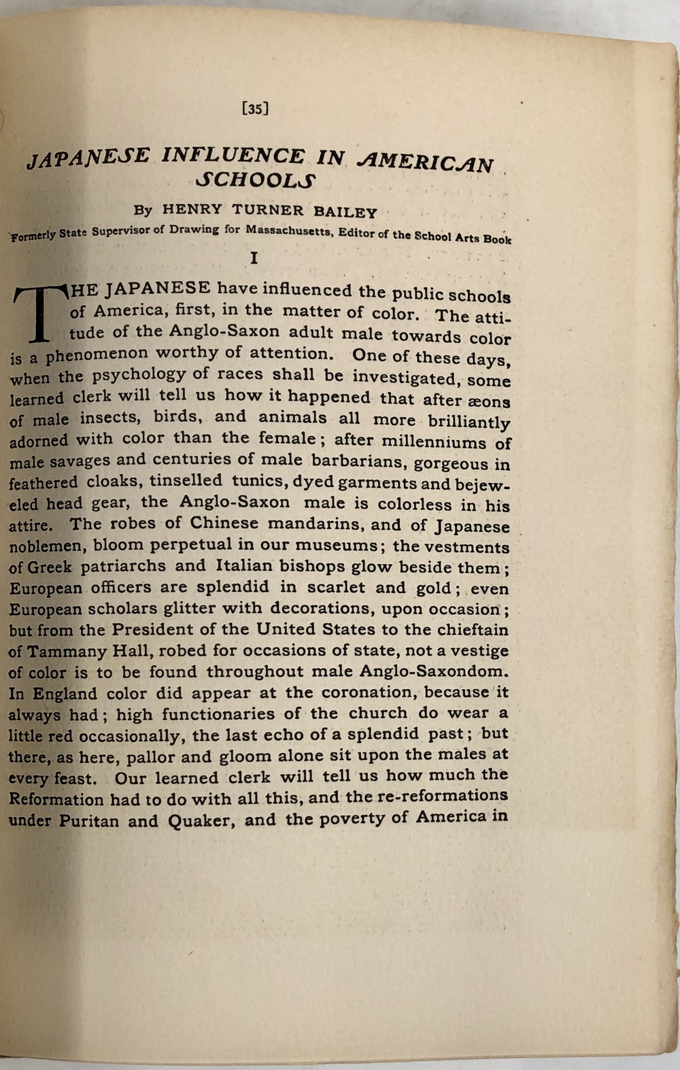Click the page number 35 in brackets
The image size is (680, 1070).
tap(255, 108)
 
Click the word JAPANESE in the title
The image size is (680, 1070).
tap(87, 158)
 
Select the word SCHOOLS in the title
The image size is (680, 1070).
tap(255, 182)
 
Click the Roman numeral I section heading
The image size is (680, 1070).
tap(254, 258)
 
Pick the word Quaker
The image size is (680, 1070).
tap(201, 820)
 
